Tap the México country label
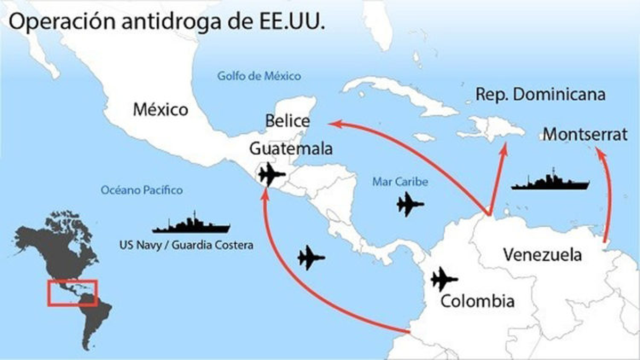161,110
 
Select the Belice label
287,121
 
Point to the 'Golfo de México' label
259,76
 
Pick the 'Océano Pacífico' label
141,190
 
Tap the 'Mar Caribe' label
401,182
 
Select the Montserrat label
585,134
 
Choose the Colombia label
478,301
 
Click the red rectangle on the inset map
72,293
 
